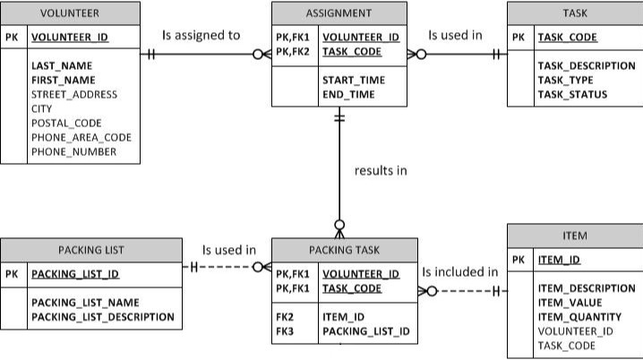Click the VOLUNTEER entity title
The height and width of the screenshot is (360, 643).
click(70, 13)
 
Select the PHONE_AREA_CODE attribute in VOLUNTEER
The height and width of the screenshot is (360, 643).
click(81, 137)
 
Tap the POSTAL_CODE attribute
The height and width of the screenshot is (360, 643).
click(66, 123)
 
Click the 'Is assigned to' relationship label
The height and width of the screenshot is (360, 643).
click(201, 35)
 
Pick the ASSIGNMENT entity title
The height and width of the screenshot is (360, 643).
click(339, 13)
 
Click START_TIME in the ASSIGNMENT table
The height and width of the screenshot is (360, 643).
click(354, 80)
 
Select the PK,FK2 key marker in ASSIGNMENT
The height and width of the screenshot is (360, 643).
click(292, 52)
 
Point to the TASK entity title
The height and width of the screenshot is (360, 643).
click(575, 13)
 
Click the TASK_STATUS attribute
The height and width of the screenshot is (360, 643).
click(572, 94)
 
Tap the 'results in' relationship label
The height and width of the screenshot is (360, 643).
click(381, 170)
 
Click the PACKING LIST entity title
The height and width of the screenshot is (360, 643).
click(91, 250)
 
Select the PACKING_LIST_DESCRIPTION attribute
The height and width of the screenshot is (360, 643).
click(102, 317)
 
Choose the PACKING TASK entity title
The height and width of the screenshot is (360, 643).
click(345, 250)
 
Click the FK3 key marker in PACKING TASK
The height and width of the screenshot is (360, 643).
click(285, 331)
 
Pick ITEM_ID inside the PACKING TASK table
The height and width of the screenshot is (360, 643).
click(343, 317)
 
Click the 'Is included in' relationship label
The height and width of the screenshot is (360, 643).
click(460, 272)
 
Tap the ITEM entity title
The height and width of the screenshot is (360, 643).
click(575, 236)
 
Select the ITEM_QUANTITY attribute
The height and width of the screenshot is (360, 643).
click(579, 317)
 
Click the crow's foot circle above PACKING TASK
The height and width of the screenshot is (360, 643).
click(339, 225)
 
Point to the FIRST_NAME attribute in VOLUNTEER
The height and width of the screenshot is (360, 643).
click(64, 80)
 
